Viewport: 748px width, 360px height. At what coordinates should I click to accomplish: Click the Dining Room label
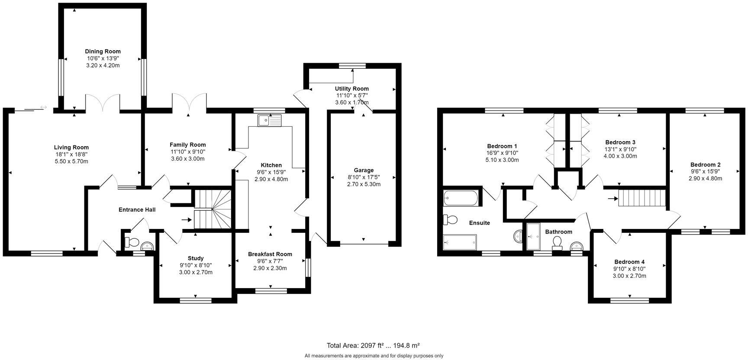[103, 51]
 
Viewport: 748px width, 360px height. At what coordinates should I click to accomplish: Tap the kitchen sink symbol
[270, 120]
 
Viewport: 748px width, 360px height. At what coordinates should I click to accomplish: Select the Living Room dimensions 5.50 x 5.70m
[71, 161]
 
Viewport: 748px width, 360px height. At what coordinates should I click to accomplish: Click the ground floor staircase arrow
[186, 220]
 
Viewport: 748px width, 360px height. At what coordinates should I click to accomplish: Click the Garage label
[363, 170]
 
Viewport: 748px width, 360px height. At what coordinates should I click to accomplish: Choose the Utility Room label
[351, 89]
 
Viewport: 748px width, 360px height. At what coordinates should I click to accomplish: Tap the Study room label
[195, 258]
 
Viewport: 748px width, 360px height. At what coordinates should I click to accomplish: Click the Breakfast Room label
[270, 254]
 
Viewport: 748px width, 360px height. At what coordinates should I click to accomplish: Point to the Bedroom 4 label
[629, 262]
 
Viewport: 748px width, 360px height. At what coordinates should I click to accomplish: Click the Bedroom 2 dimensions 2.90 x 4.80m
[705, 178]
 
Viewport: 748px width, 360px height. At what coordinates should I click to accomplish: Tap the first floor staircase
[641, 199]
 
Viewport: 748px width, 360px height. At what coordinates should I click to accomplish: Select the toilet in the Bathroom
[557, 243]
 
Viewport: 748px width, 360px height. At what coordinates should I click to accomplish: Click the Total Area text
[373, 345]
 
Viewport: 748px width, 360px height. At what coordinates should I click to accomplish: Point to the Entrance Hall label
[137, 210]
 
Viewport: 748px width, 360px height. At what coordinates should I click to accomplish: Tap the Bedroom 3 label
[620, 142]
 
